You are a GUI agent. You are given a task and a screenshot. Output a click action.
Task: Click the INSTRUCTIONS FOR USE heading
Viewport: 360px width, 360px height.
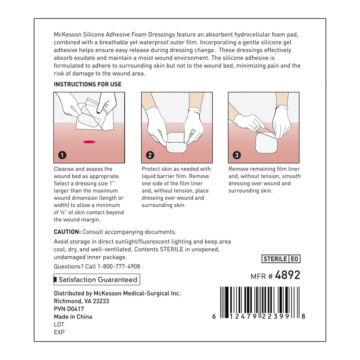pyautogui.click(x=88, y=84)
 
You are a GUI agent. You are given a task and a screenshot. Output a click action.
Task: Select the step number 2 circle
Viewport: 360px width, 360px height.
pyautogui.click(x=150, y=155)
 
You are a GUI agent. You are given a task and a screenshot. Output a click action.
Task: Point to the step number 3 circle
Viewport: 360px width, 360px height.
pyautogui.click(x=237, y=155)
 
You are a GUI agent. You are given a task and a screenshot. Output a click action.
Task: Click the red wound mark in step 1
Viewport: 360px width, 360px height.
pyautogui.click(x=89, y=142)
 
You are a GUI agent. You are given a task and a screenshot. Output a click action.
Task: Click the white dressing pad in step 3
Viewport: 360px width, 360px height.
pyautogui.click(x=266, y=142)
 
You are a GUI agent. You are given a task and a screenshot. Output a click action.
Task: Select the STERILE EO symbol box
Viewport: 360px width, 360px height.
pyautogui.click(x=281, y=259)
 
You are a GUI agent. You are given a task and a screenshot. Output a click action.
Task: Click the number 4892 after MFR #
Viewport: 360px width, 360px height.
pyautogui.click(x=288, y=275)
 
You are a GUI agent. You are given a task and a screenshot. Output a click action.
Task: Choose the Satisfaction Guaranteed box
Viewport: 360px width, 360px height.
pyautogui.click(x=97, y=280)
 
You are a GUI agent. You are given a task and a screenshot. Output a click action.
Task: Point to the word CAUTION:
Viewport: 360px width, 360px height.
pyautogui.click(x=67, y=232)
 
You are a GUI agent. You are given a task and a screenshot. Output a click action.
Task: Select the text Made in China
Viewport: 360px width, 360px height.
pyautogui.click(x=73, y=317)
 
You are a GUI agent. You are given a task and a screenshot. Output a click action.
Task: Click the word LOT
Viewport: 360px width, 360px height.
pyautogui.click(x=59, y=324)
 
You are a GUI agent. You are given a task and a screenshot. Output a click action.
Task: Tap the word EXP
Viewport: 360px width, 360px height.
pyautogui.click(x=59, y=332)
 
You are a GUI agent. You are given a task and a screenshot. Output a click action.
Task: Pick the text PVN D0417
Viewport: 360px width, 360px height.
pyautogui.click(x=69, y=309)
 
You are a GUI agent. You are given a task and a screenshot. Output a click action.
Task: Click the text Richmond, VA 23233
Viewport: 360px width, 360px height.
pyautogui.click(x=81, y=301)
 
